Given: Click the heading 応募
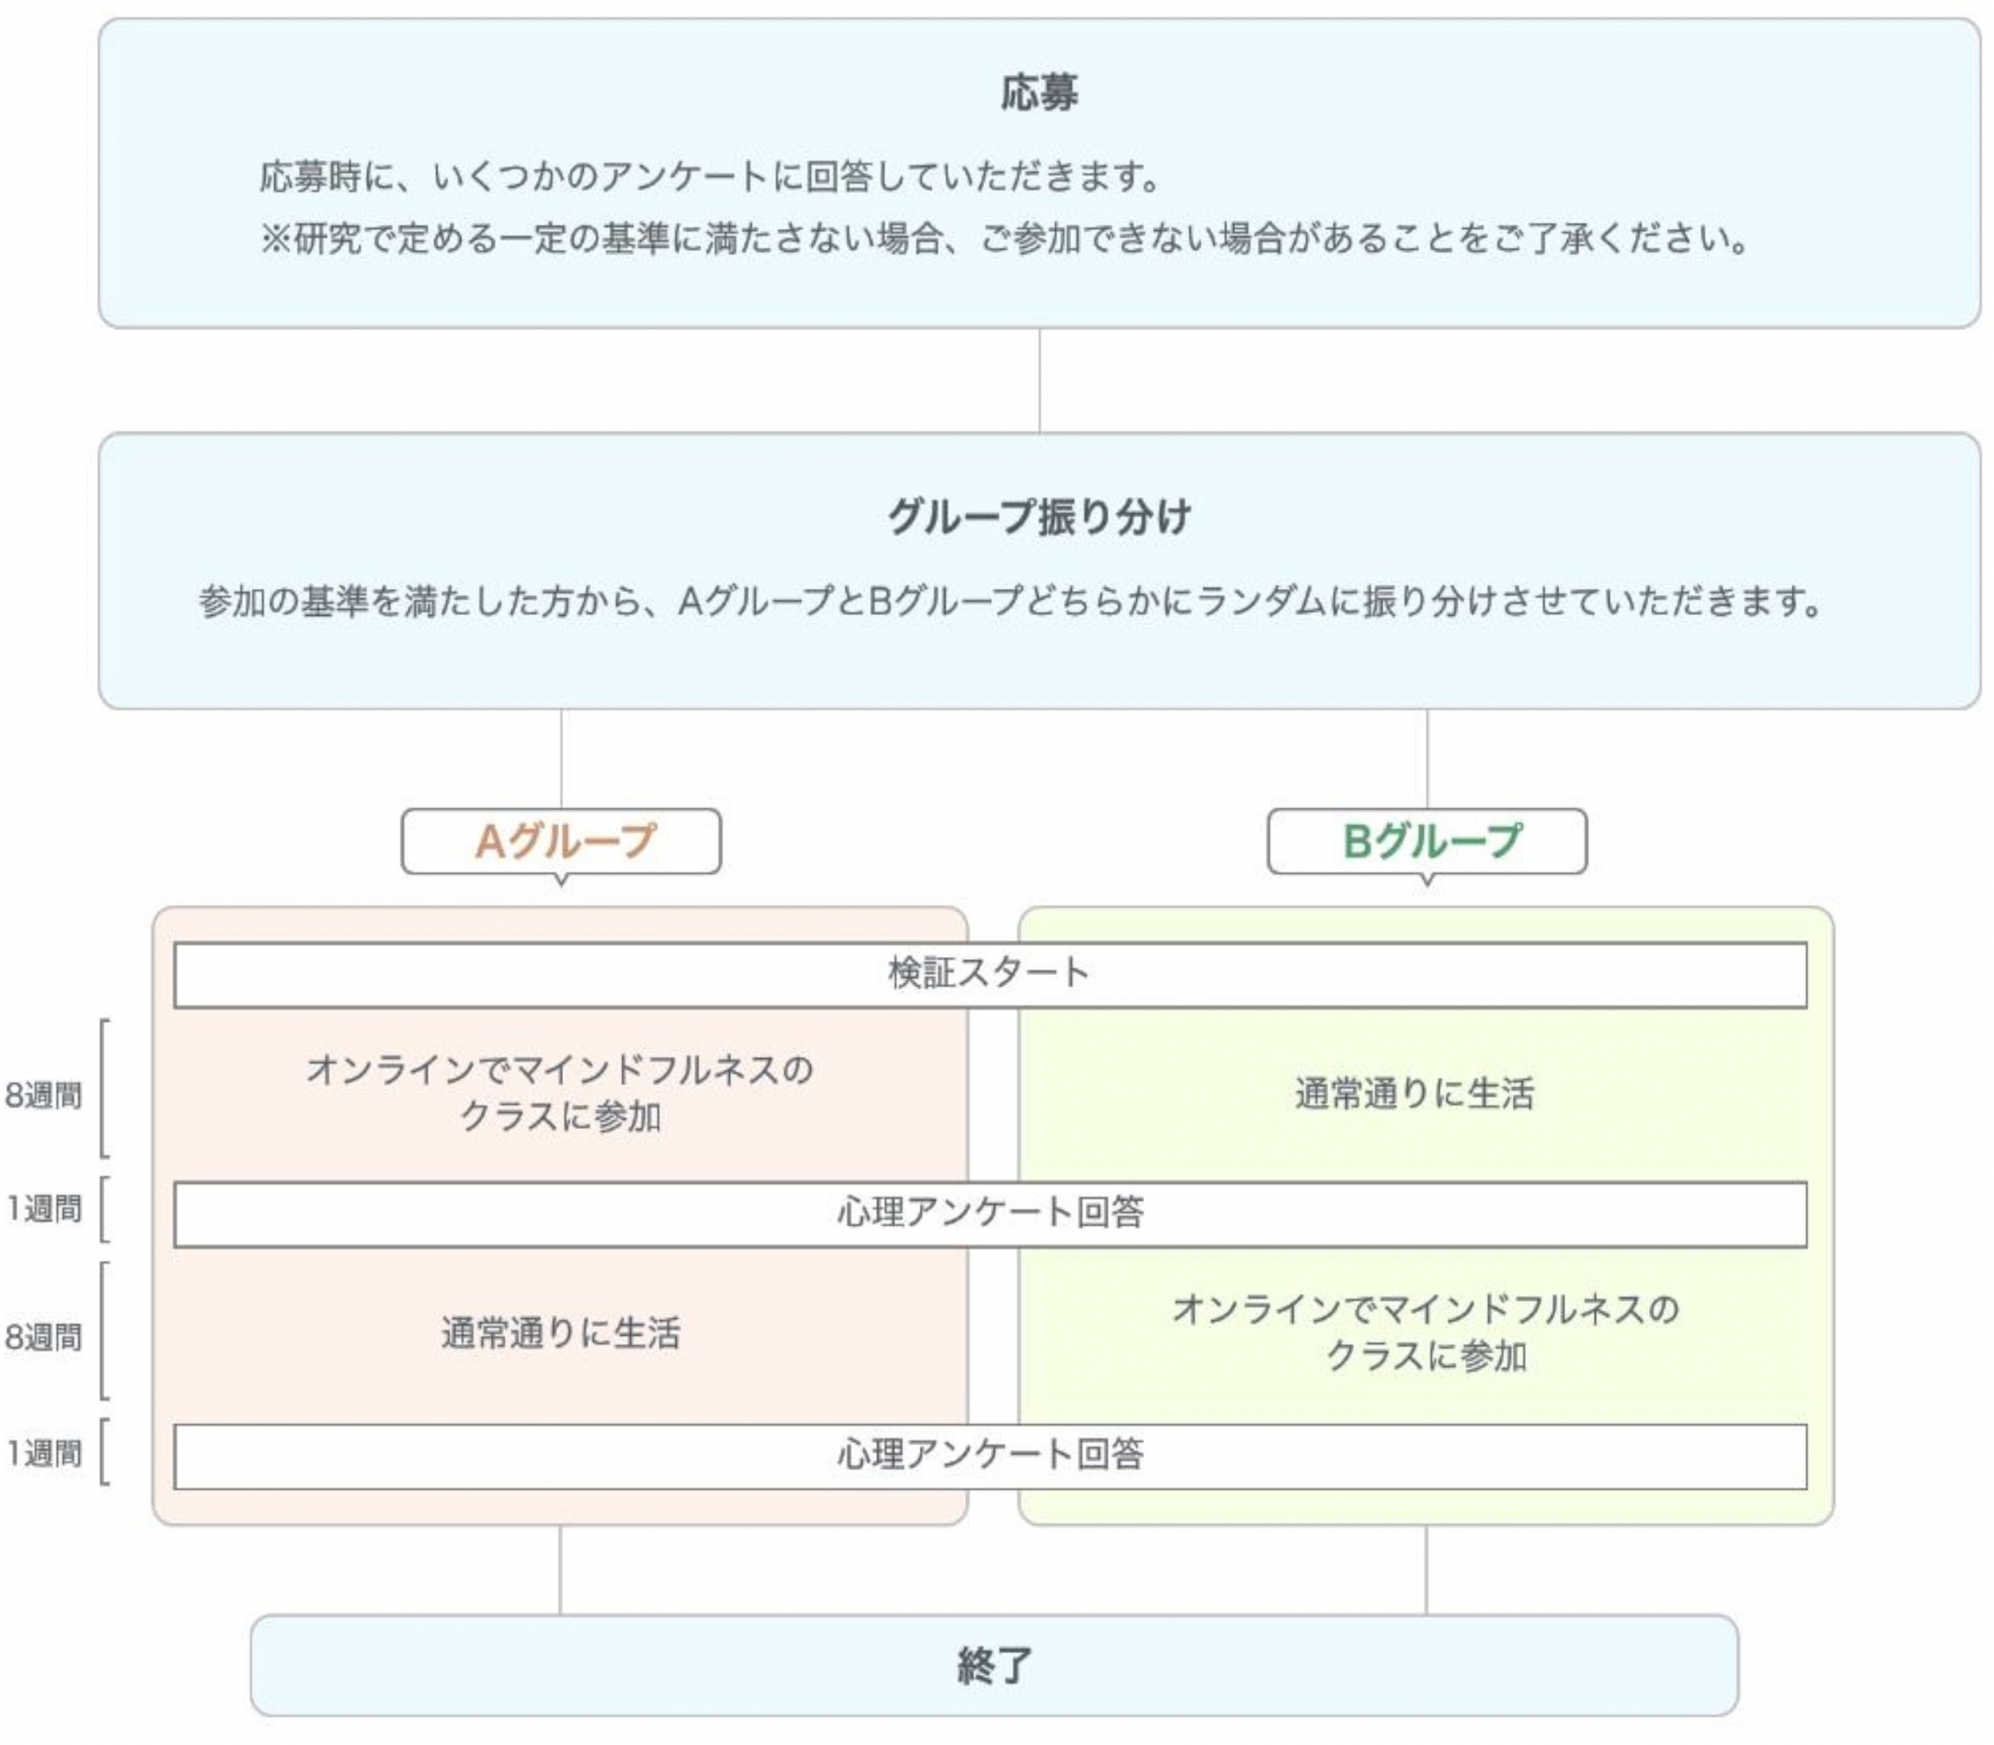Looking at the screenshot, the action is point(1038,93).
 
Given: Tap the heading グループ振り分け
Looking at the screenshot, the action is point(1038,516).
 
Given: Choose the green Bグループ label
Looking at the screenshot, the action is point(1431,841).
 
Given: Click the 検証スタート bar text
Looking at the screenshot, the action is point(988,973).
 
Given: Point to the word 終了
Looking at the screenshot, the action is point(994,1665).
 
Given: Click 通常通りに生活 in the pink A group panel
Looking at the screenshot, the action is point(560,1333).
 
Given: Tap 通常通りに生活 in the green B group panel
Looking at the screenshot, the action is point(1414,1093).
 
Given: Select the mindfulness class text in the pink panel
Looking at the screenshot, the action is point(560,1092).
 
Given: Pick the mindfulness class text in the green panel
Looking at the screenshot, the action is point(1426,1332).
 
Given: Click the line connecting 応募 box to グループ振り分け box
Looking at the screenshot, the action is point(1039,381).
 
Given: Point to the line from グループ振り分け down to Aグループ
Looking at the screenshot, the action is point(561,758).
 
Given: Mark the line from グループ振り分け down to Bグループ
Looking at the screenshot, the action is point(1427,758).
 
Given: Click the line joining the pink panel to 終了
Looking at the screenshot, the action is point(560,1570).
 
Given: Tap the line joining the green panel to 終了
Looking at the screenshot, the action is point(1426,1570).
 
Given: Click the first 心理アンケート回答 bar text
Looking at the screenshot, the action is point(990,1212).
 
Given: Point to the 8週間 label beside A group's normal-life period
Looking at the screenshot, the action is point(43,1337).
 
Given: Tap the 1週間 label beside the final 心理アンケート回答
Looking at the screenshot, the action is point(43,1454).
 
